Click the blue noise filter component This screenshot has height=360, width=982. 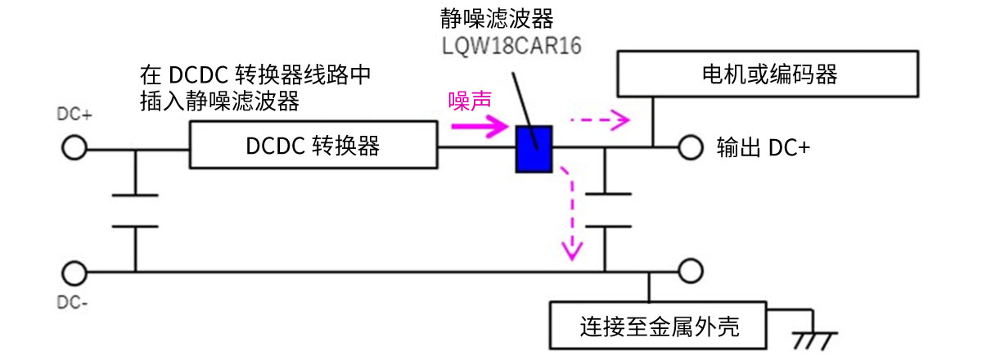535,149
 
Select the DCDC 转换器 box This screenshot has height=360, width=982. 313,146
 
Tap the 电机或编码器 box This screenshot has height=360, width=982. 768,75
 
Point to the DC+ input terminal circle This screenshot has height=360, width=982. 74,149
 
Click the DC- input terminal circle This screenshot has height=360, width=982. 74,271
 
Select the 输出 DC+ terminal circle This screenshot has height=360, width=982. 690,148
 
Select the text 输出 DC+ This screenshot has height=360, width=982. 762,147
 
